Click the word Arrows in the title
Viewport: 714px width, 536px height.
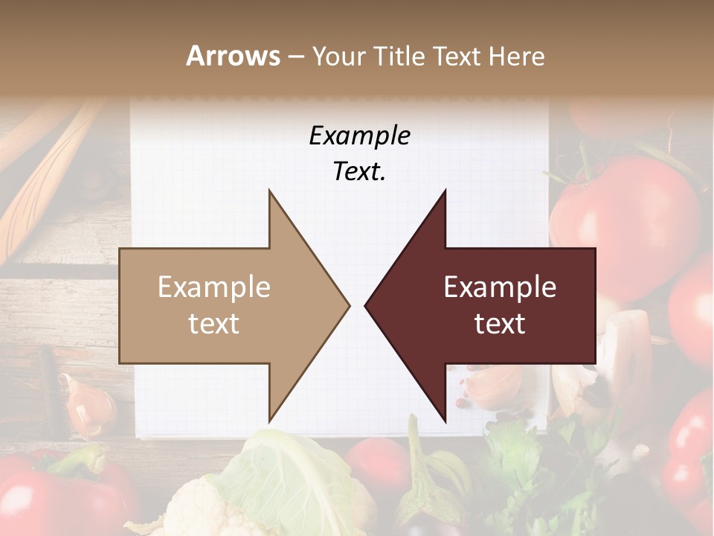pyautogui.click(x=233, y=56)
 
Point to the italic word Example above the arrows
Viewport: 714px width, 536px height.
pyautogui.click(x=359, y=136)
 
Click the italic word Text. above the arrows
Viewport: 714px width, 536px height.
pyautogui.click(x=359, y=172)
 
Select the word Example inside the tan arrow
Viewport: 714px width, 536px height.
pyautogui.click(x=214, y=287)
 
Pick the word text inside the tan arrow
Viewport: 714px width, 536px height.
pyautogui.click(x=214, y=324)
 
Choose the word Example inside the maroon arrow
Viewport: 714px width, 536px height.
pyautogui.click(x=500, y=287)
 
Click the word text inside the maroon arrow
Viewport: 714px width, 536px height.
pyautogui.click(x=500, y=324)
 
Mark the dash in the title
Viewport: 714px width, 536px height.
pyautogui.click(x=295, y=57)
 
